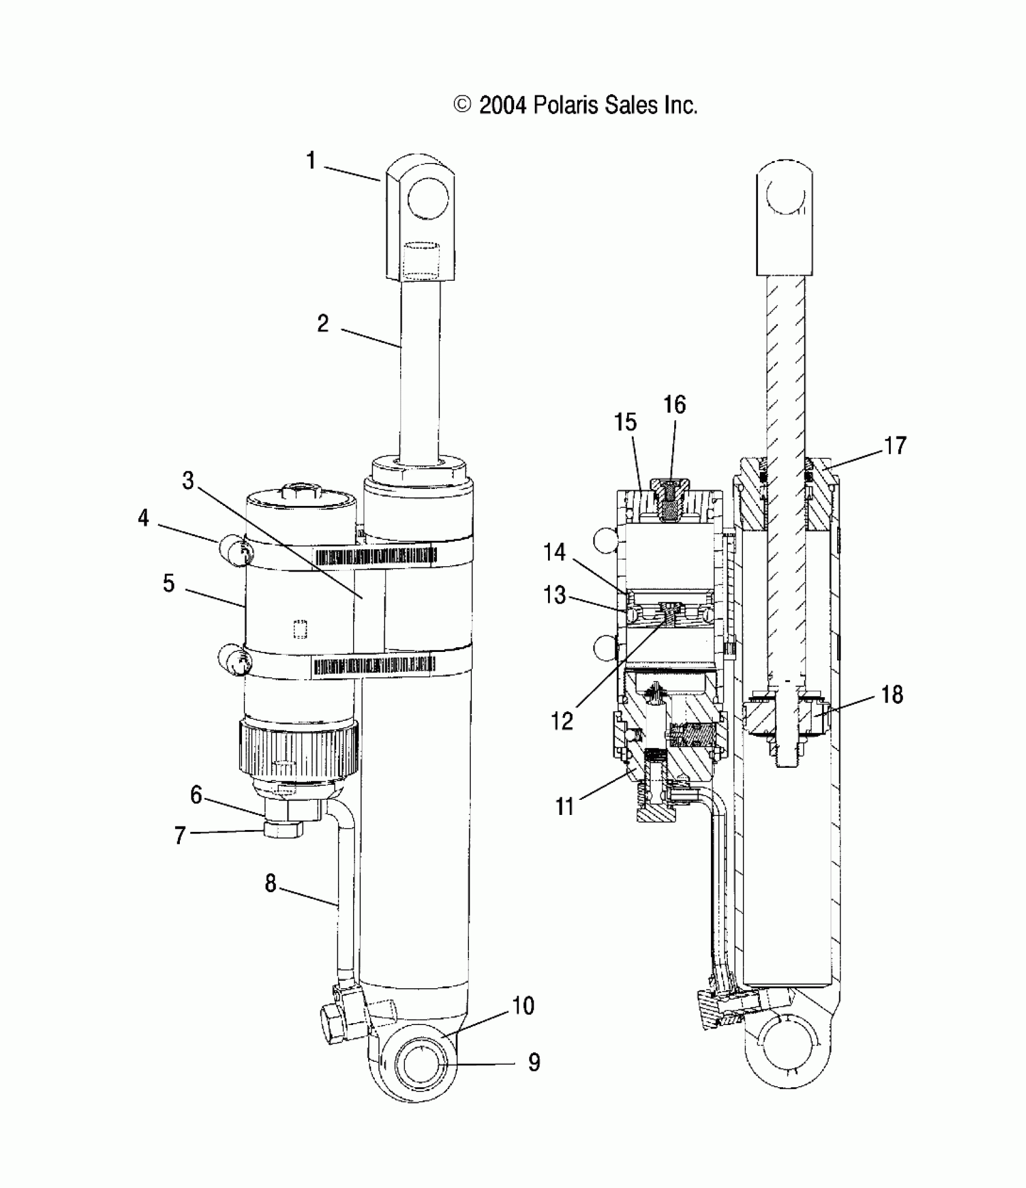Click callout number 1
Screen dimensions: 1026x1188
click(311, 161)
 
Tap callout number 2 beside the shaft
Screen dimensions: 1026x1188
click(323, 324)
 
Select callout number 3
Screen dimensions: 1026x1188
click(188, 481)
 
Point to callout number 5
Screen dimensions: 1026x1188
click(169, 584)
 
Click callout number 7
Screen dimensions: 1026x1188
click(180, 836)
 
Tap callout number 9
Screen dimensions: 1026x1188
click(534, 1062)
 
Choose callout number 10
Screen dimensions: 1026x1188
click(523, 1006)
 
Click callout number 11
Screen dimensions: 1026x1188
click(564, 806)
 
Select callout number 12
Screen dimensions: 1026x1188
click(562, 721)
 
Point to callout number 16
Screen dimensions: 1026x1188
click(675, 404)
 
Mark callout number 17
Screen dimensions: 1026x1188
click(895, 446)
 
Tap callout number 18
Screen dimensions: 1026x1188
click(892, 695)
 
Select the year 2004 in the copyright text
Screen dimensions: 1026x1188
click(502, 106)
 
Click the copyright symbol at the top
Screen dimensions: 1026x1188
click(462, 105)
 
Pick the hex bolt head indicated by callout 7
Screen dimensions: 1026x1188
click(283, 831)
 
